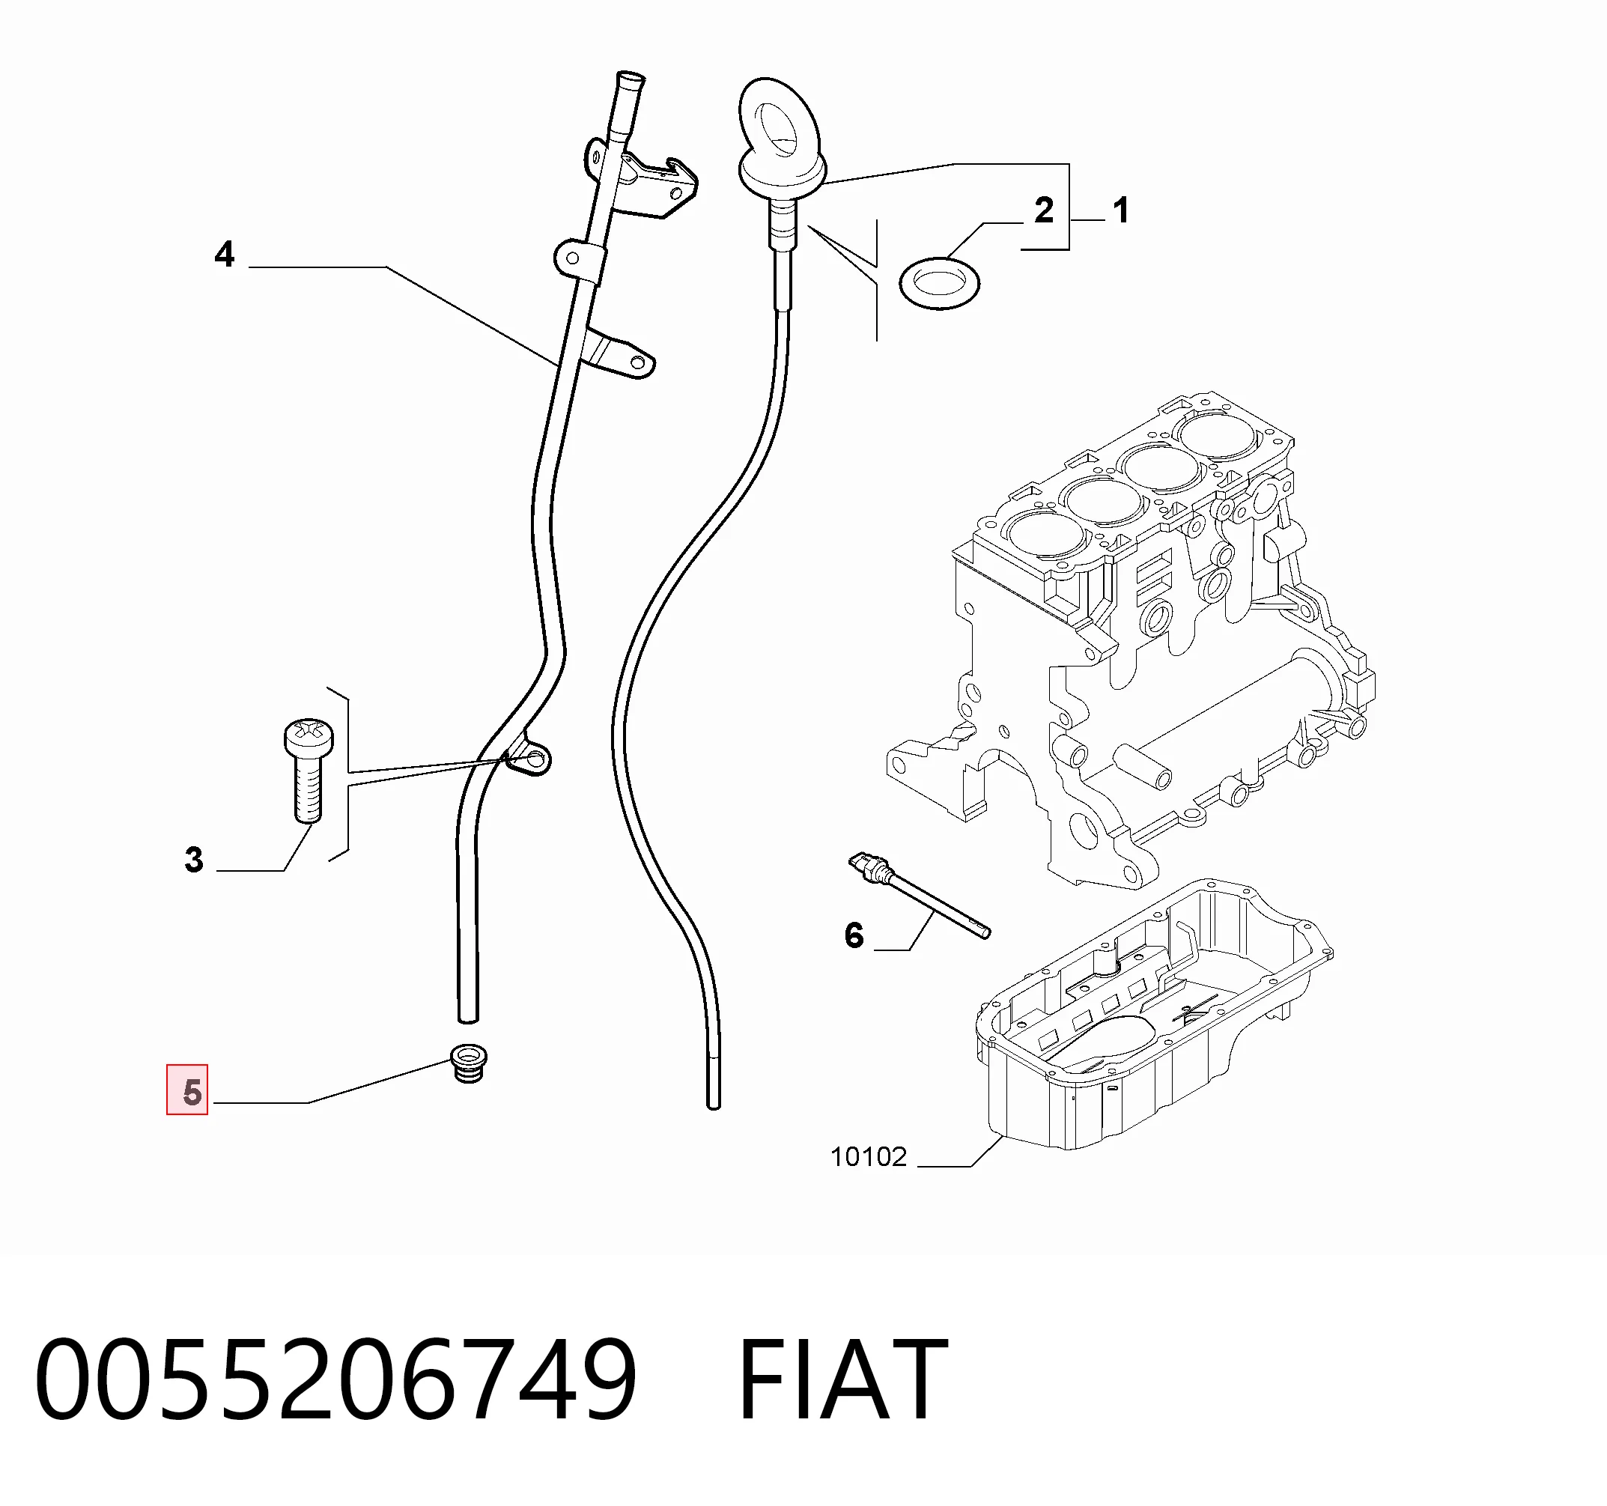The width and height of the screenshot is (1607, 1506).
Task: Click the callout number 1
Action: tap(1120, 210)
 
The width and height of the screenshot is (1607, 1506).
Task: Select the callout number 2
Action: tap(1044, 210)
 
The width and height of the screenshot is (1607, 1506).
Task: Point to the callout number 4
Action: tap(225, 254)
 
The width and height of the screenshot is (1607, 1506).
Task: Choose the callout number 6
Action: tap(854, 935)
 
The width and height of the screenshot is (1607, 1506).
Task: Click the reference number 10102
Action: tap(869, 1157)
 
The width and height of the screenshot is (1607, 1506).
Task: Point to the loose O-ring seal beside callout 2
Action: tap(939, 283)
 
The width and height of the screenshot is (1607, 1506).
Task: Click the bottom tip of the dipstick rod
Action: tap(714, 1105)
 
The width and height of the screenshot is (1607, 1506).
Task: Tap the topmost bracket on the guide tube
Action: tap(641, 180)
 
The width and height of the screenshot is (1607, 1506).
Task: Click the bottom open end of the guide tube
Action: tap(468, 1018)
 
